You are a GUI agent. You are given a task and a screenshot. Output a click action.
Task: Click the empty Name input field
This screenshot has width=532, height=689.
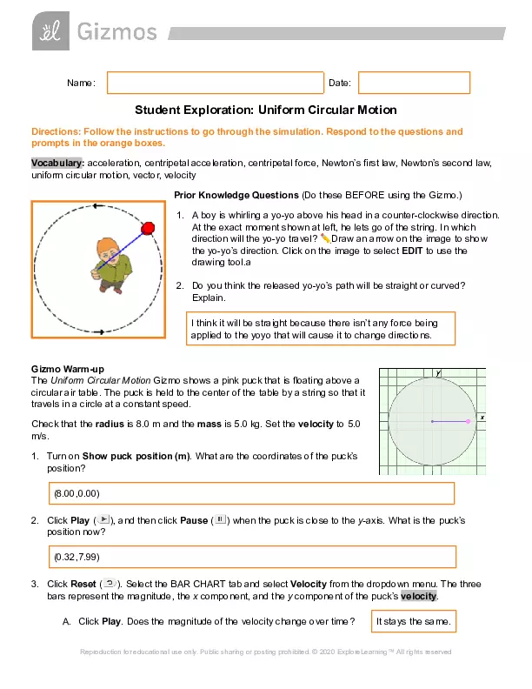coord(214,83)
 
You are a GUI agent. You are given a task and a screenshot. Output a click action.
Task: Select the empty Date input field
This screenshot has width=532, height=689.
coord(414,83)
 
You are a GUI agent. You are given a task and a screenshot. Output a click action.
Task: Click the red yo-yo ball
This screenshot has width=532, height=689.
coord(148,228)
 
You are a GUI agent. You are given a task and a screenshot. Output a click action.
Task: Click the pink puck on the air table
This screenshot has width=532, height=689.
coord(469,421)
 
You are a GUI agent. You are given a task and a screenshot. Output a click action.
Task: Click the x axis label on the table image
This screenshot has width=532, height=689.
coord(482,417)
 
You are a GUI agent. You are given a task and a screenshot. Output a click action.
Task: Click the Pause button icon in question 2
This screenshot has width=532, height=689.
coord(220,519)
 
